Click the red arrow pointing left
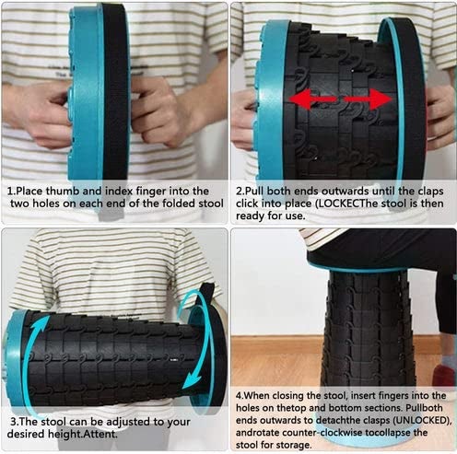[312, 99]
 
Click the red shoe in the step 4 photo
[445, 375]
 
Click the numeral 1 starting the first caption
[10, 192]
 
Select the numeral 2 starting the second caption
[239, 192]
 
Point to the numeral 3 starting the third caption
[14, 422]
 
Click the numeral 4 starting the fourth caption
[239, 395]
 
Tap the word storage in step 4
[294, 445]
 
